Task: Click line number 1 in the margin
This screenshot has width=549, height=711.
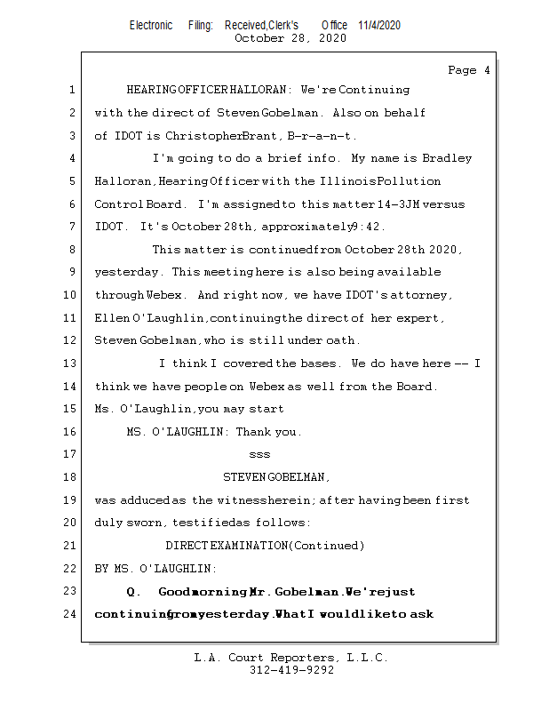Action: pos(70,90)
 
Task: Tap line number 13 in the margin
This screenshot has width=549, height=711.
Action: pos(70,363)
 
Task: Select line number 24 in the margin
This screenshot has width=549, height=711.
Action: pos(70,614)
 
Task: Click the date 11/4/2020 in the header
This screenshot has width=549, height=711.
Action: pos(379,26)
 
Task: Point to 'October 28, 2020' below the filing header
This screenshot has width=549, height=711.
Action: pos(290,38)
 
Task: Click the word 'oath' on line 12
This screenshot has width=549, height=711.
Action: pos(343,340)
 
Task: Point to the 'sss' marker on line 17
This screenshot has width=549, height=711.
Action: pos(259,454)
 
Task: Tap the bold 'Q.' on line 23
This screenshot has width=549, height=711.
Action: pos(135,592)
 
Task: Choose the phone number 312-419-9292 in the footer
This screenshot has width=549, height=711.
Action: pos(290,670)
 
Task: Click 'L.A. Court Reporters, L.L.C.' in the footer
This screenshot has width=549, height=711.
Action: pos(290,659)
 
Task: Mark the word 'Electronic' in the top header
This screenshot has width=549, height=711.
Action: pos(151,26)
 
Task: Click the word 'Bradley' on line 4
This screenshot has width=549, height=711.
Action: pos(447,158)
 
